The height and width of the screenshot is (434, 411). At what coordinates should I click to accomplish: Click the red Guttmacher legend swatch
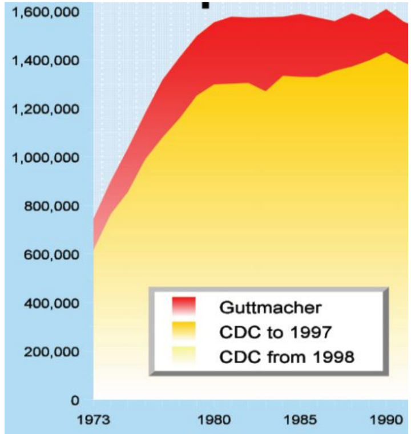coord(184,307)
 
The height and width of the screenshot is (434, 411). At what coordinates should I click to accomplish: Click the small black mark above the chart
coord(205,4)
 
